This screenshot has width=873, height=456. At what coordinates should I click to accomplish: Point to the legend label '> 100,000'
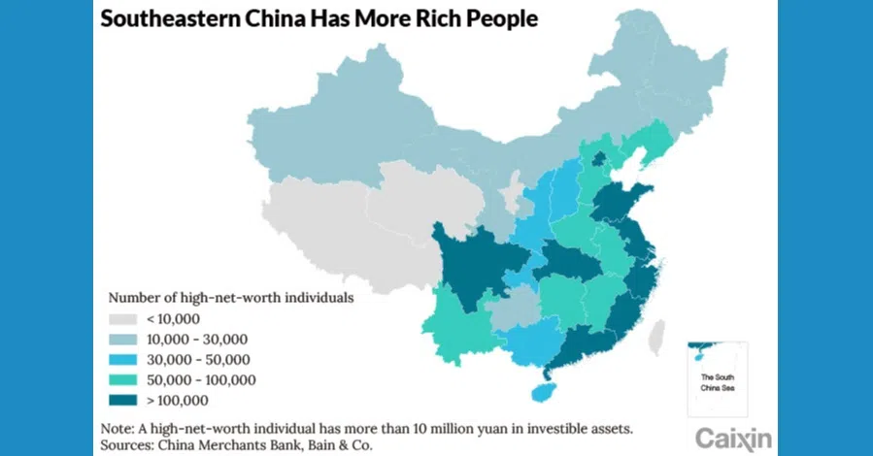(177, 400)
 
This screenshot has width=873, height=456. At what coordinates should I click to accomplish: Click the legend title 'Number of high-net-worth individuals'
(230, 297)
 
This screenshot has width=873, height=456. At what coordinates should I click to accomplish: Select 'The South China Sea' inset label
(716, 382)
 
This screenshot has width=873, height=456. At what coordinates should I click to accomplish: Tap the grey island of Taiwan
(656, 335)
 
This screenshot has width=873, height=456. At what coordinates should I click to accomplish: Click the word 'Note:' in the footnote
(119, 428)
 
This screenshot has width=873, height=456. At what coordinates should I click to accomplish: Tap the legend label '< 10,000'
(173, 318)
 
